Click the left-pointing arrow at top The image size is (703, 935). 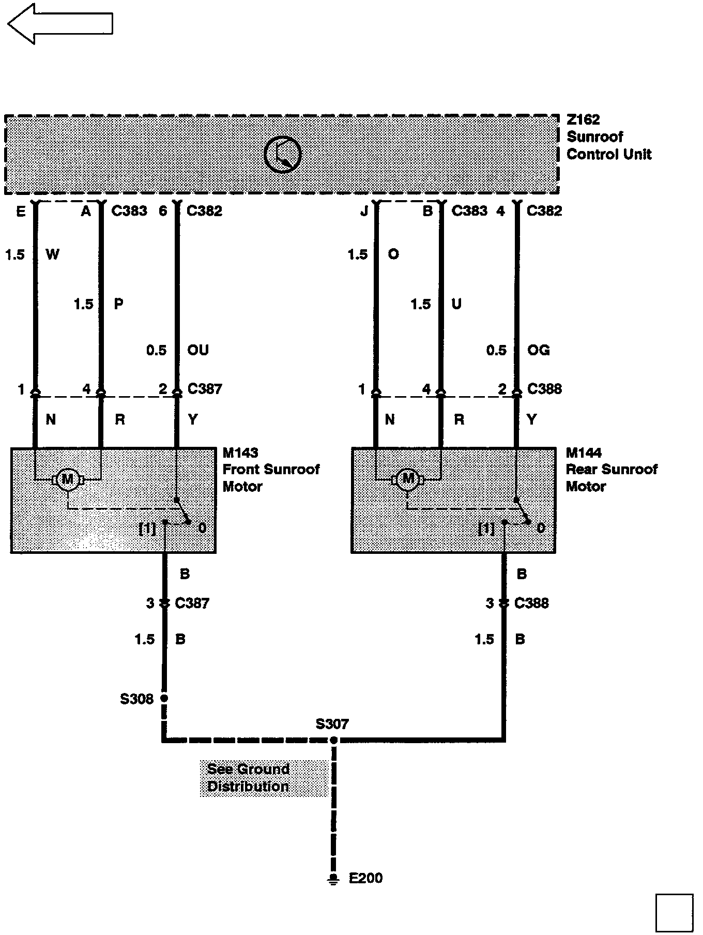point(59,24)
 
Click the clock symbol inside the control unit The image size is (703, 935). point(282,154)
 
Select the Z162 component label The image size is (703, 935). point(583,119)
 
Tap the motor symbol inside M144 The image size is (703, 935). point(408,479)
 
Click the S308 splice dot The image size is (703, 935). point(164,698)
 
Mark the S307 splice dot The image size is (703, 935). point(334,740)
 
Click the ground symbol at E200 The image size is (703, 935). point(334,879)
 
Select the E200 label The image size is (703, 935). point(365,878)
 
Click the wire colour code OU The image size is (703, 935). point(198,350)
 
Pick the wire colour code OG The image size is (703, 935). point(538,350)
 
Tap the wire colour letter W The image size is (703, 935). point(52,254)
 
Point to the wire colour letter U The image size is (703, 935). point(456,304)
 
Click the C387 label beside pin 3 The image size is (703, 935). point(192,603)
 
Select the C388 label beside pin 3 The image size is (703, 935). point(531,603)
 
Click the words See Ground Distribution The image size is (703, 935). point(248,778)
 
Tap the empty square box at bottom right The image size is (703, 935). point(675,912)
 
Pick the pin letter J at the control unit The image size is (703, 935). point(364,211)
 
